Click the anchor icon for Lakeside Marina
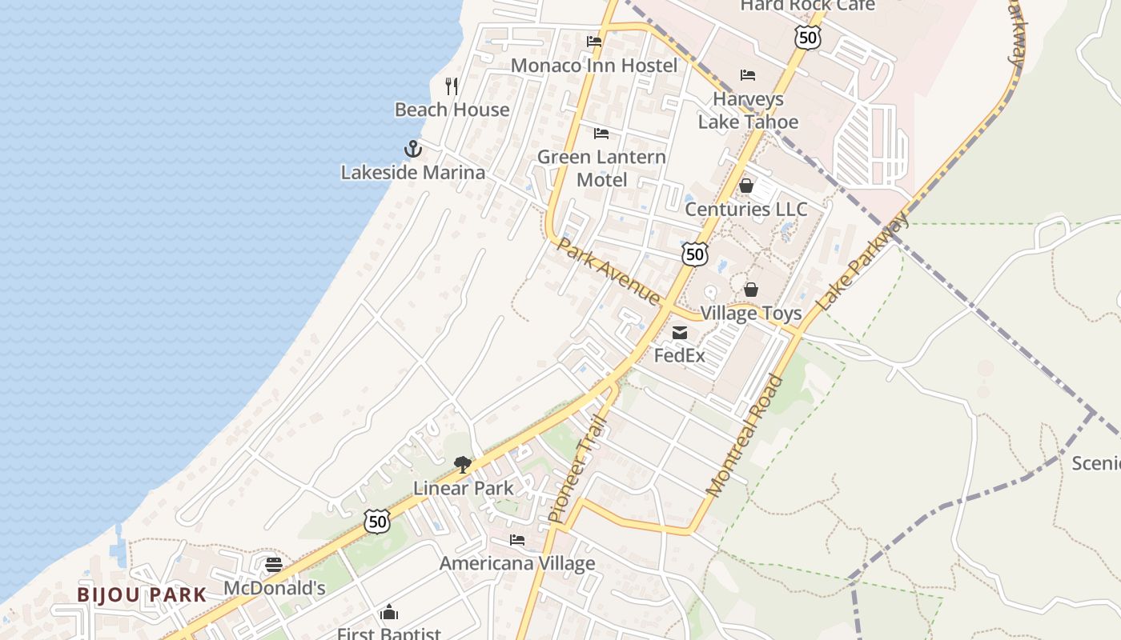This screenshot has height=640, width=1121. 412,149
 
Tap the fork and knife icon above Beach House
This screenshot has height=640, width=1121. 452,86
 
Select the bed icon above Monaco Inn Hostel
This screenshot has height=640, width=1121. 593,42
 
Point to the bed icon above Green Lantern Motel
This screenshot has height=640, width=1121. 601,133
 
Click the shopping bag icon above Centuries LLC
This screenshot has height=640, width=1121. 746,186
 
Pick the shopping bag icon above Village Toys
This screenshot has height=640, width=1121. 751,290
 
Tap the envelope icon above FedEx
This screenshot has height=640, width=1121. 680,333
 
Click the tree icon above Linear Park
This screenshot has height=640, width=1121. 463,464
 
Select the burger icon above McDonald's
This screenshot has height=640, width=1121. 274,565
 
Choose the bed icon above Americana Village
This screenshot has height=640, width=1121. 517,540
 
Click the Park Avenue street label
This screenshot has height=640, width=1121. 609,271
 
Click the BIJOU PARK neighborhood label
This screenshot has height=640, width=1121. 142,594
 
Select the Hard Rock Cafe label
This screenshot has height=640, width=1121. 807,6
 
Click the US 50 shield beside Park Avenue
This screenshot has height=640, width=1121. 695,254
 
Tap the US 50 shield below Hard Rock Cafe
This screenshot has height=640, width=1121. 808,37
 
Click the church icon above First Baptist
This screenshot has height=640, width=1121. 389,612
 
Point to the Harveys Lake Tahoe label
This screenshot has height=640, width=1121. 748,110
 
